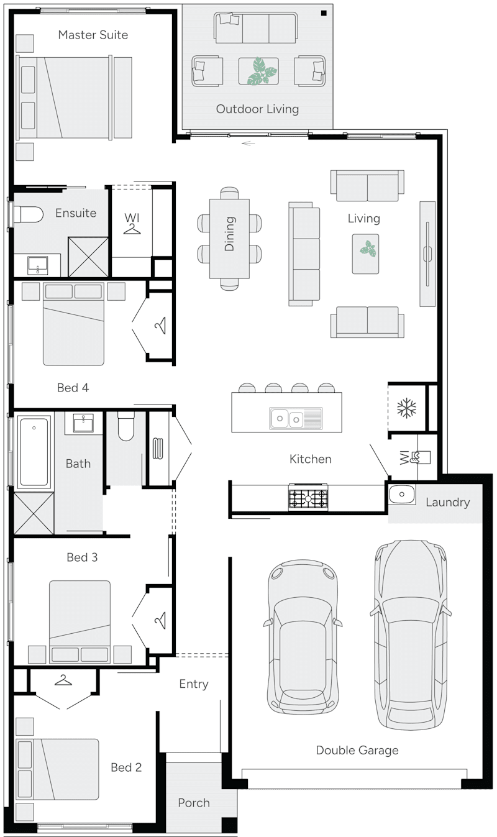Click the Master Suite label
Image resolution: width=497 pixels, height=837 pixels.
point(93,35)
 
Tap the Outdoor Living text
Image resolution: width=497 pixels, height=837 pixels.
point(257,109)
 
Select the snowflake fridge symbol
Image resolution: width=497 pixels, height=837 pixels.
point(406,408)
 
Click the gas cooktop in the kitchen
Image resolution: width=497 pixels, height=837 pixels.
point(308,498)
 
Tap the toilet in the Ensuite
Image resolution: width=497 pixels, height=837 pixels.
point(27,214)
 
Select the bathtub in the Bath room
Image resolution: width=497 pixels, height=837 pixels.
point(34,452)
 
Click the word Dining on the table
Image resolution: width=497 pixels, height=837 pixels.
point(230,234)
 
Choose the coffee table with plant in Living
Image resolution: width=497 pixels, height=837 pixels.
point(365,253)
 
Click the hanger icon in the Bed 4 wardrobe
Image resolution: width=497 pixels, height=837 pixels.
point(160,325)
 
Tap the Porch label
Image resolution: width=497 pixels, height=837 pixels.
point(194,803)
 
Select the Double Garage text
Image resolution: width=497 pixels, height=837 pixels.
point(357,750)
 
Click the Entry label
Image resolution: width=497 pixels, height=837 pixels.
point(194,684)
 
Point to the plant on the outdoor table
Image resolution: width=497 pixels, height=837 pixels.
point(260,71)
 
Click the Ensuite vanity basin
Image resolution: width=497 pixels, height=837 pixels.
point(38,265)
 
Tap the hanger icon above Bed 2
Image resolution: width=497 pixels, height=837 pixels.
point(63,680)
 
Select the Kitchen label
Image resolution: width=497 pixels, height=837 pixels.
point(311,459)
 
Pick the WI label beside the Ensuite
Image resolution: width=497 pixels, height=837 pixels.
point(131,217)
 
